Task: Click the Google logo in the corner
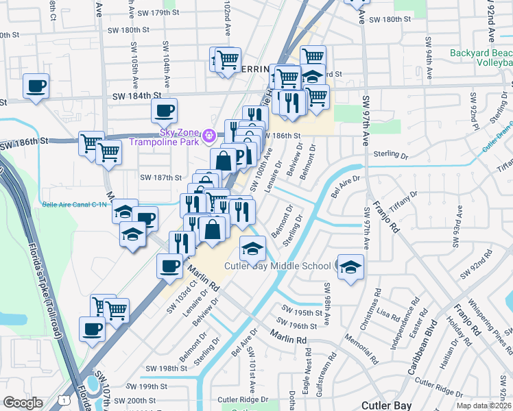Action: point(23,402)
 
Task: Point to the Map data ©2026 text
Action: point(484,406)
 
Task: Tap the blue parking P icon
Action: point(239,156)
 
